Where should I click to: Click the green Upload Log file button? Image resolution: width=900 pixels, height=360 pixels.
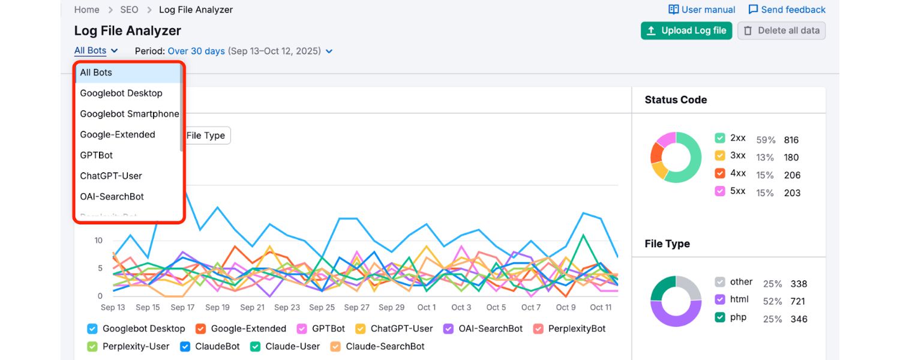[x=686, y=31]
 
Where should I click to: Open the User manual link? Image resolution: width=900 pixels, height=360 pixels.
[x=701, y=10]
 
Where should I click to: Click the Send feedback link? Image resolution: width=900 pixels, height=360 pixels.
[x=787, y=10]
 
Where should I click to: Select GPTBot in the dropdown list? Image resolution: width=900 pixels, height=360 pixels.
[x=97, y=155]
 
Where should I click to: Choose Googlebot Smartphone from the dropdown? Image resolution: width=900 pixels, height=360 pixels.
[x=130, y=114]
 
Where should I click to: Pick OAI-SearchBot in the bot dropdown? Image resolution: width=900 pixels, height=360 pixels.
[x=112, y=196]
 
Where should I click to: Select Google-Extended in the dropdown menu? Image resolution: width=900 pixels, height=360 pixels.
[x=118, y=134]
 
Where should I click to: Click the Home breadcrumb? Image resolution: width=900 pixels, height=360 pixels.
[x=87, y=10]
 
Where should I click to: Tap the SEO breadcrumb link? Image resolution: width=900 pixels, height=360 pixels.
[x=129, y=10]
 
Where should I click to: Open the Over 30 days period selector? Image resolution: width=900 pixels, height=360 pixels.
[x=196, y=51]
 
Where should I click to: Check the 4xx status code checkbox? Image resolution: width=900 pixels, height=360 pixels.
[x=720, y=173]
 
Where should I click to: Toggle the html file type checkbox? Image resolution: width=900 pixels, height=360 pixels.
[x=720, y=299]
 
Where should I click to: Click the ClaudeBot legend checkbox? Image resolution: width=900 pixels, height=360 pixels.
[x=185, y=346]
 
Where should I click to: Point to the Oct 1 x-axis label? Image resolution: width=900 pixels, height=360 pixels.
[x=427, y=307]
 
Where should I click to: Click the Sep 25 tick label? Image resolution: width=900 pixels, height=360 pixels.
[x=322, y=307]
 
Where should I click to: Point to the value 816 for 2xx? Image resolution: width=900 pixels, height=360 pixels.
[x=791, y=140]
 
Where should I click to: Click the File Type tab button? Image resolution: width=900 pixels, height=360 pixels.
[x=206, y=136]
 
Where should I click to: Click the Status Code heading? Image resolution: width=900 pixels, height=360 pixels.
[x=676, y=100]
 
